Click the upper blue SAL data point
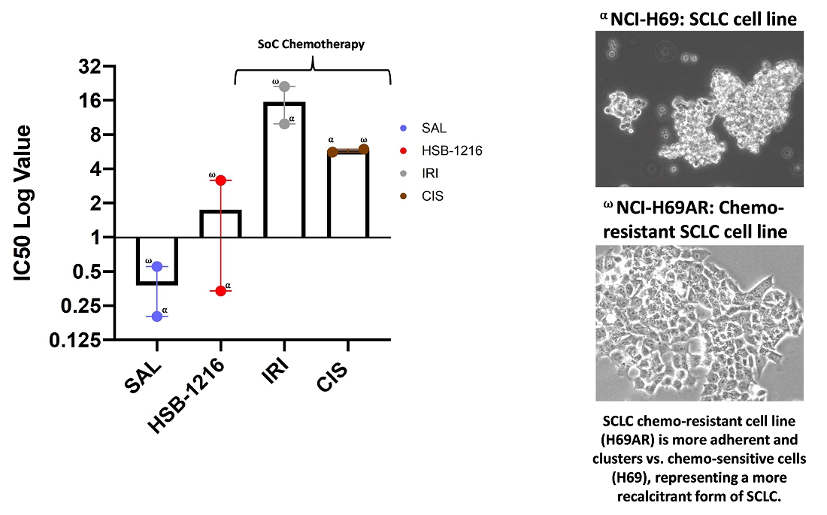coord(157,266)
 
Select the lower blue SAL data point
coord(157,316)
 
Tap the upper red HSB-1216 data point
coord(221,180)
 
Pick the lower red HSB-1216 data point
coord(221,291)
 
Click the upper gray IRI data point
coord(284,86)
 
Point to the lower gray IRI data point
coord(284,123)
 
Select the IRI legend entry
coord(430,173)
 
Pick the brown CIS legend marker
coord(404,196)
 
